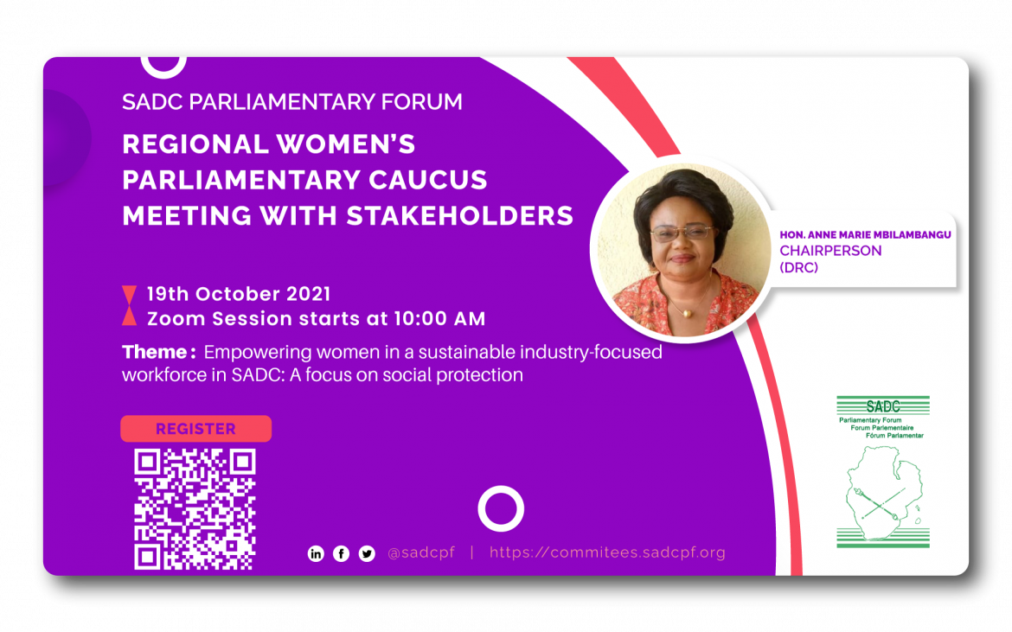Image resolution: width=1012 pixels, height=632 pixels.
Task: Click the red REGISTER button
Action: pos(195,429)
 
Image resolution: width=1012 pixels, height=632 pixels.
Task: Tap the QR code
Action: pos(195,509)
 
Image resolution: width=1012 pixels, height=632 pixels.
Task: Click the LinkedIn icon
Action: pos(316,553)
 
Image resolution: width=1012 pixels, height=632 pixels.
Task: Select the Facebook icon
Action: pos(342,553)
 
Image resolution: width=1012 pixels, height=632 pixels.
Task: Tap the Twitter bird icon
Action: pos(367,553)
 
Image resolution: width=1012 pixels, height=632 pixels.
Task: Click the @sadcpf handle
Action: pos(421,553)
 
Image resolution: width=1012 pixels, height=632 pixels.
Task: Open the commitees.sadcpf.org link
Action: pos(607,553)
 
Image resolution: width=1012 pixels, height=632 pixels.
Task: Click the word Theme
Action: pos(156,353)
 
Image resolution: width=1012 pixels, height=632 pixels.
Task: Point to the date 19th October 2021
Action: pos(239,294)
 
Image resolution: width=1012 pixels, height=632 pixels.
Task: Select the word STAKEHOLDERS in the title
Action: pos(459,215)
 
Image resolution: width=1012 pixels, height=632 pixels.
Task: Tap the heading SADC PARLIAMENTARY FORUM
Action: pos(292,102)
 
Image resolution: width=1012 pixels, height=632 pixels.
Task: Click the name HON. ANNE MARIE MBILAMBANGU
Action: pos(865,235)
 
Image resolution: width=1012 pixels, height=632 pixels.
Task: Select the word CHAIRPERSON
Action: pos(830,251)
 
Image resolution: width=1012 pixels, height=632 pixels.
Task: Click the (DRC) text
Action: pos(798,268)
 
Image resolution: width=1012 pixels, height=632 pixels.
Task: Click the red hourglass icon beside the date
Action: pos(129,305)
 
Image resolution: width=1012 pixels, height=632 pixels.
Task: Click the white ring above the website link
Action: pos(501,508)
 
